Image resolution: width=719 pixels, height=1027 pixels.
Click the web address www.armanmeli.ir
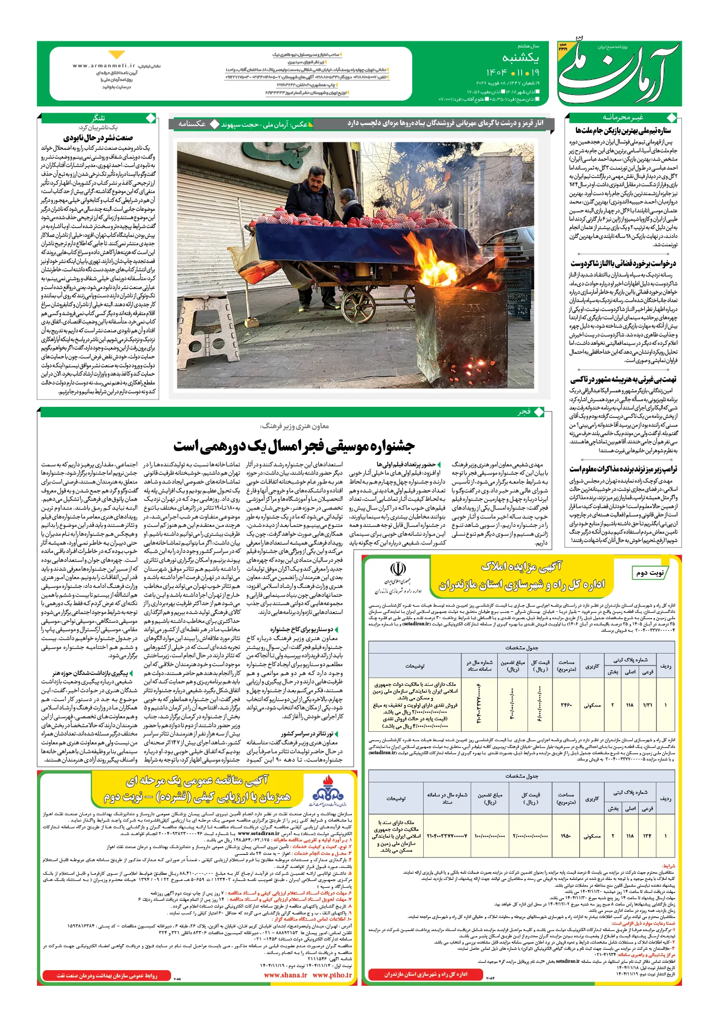pyautogui.click(x=104, y=66)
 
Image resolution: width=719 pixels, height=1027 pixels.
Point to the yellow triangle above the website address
pyautogui.click(x=117, y=55)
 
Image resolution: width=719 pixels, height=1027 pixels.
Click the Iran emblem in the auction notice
pyautogui.click(x=398, y=569)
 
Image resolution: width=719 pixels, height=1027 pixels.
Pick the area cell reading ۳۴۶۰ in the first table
pyautogui.click(x=566, y=705)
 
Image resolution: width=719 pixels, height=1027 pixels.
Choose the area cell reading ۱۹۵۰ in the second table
pyautogui.click(x=566, y=836)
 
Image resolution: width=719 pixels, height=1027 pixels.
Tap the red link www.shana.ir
pyautogui.click(x=285, y=975)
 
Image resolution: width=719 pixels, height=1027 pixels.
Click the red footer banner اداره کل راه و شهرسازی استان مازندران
pyautogui.click(x=426, y=974)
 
